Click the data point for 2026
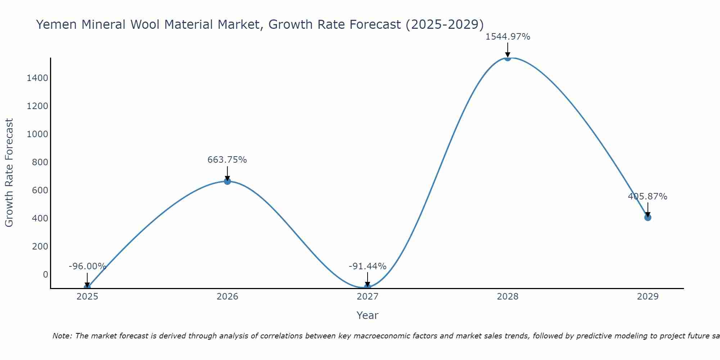tap(227, 181)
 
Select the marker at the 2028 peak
tap(508, 58)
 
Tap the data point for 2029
tap(648, 217)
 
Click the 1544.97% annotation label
tap(508, 37)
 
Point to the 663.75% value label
tap(227, 160)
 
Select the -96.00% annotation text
tap(87, 266)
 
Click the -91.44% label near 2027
tap(368, 266)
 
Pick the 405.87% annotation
tap(648, 197)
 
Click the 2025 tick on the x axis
tap(87, 297)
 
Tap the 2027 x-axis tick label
tap(368, 297)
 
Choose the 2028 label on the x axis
tap(508, 297)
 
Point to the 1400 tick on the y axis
tap(37, 78)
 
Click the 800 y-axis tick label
tap(40, 162)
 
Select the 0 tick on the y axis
tap(45, 275)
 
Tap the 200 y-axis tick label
tap(40, 247)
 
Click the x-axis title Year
tap(367, 316)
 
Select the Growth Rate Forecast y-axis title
tap(9, 173)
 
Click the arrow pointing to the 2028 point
tap(508, 50)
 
